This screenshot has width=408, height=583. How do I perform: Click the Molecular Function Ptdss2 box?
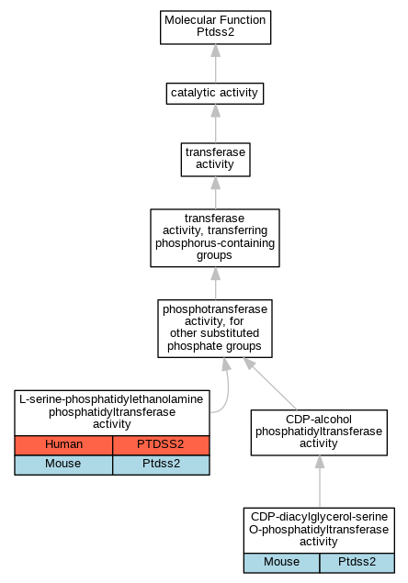pos(216,28)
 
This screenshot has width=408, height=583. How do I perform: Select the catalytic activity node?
pos(215,94)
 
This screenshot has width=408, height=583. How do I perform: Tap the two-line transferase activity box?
pos(216,160)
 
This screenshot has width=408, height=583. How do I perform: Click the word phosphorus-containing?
pos(215,243)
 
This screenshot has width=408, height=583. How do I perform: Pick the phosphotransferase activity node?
pos(215,329)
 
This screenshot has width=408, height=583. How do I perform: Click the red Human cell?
pos(63,445)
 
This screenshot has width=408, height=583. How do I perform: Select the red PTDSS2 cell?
pos(161,445)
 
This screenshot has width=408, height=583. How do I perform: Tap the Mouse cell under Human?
pos(63,465)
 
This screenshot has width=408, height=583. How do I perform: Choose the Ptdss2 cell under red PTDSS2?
pos(161,465)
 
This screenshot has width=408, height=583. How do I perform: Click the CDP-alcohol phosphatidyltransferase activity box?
pos(319,432)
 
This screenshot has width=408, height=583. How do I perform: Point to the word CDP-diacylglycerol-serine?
pos(319,517)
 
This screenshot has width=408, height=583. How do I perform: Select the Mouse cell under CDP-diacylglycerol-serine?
pos(282,563)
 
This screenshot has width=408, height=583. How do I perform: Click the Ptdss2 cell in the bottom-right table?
pos(357,563)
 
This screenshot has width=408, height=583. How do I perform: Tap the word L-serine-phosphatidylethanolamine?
pos(111,399)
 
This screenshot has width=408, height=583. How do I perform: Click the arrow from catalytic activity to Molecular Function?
pos(216,63)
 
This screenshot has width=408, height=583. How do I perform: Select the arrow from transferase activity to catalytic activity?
pos(216,123)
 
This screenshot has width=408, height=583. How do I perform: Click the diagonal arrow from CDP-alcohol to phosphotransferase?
pos(270,384)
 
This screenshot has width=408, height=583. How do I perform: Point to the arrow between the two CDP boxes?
pos(320,481)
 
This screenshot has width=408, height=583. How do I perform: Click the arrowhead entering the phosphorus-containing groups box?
pos(216,274)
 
